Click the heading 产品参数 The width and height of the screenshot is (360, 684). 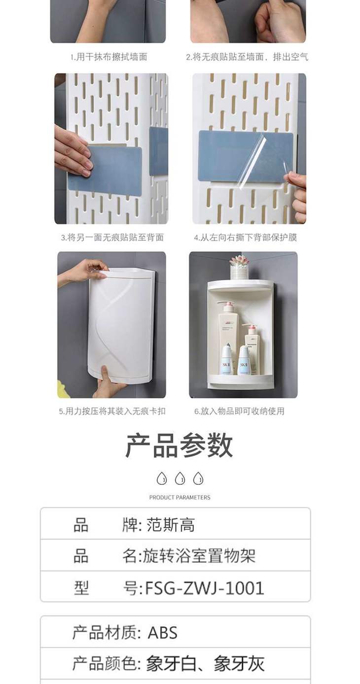point(179,445)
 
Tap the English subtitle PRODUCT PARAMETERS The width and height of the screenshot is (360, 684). point(180,497)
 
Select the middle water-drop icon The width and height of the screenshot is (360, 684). point(180,479)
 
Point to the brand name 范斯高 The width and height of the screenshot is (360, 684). point(171,525)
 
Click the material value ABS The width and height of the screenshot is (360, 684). point(163,632)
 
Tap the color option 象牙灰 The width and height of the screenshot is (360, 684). point(239,663)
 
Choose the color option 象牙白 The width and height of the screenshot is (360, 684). point(172,663)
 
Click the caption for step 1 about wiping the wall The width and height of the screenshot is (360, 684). point(109,57)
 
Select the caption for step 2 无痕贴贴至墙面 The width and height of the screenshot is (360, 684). point(248,57)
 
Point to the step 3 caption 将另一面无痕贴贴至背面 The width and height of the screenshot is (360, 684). point(112,237)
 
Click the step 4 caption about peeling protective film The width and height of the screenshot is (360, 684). point(246,237)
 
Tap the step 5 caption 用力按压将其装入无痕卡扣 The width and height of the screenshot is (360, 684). point(112,411)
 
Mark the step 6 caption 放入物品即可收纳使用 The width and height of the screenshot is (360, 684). point(240,411)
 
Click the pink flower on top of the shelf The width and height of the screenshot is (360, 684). point(239,262)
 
